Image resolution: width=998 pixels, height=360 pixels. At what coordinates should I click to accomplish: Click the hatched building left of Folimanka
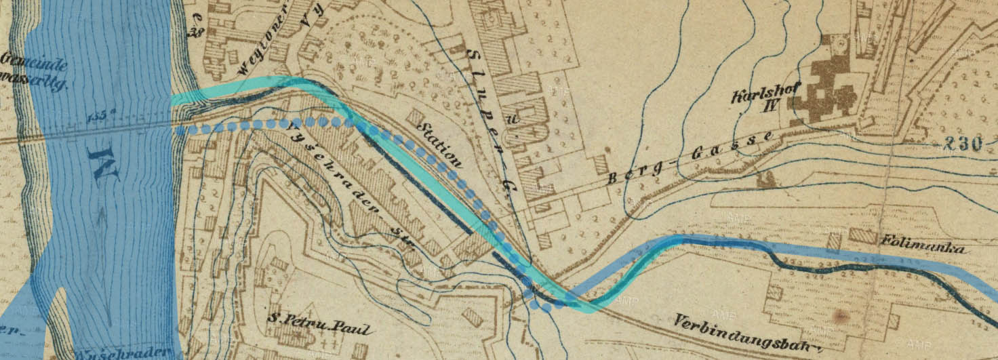(x=863, y=237)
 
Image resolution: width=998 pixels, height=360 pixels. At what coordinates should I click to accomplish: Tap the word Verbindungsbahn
(x=745, y=334)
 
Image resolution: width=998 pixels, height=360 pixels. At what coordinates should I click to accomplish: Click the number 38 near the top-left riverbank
(x=197, y=31)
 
